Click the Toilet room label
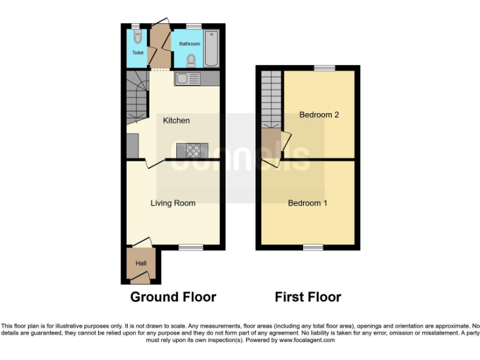pos(137,52)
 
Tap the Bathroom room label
pos(189,44)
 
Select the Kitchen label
pos(176,120)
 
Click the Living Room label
pos(172,203)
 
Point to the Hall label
pos(141,264)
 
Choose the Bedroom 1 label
pos(307,203)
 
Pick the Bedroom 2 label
pos(319,115)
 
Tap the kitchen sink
pos(187,79)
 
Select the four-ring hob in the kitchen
pos(193,150)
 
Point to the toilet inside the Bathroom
pos(191,60)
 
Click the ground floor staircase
pos(137,97)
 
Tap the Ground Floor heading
pos(173,297)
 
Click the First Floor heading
pos(308,297)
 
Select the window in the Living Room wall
pos(186,247)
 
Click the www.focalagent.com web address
pos(306,341)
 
